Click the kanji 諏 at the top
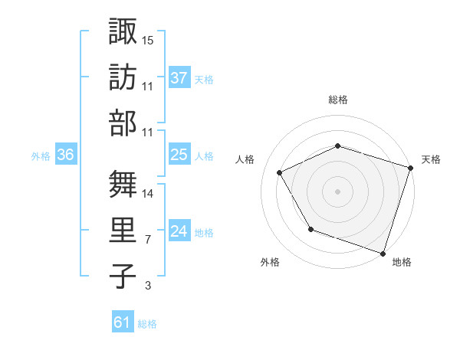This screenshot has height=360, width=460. click(123, 32)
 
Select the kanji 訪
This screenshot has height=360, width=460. click(123, 77)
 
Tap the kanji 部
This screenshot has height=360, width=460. click(123, 123)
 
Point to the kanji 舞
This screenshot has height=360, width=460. click(123, 185)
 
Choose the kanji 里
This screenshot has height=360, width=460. click(123, 230)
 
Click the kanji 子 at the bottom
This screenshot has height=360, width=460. click(123, 276)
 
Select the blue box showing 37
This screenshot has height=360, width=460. click(179, 77)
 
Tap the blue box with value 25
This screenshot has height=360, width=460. click(179, 155)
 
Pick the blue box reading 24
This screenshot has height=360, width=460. click(179, 231)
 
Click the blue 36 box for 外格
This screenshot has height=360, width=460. click(66, 155)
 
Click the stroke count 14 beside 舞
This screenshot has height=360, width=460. click(148, 194)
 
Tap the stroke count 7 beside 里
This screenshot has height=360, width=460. click(147, 241)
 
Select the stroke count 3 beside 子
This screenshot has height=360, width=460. click(147, 286)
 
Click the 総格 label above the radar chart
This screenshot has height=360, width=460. click(337, 100)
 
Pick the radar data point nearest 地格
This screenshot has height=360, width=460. click(383, 253)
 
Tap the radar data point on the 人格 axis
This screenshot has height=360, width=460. click(279, 173)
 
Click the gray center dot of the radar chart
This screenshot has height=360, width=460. click(337, 191)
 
